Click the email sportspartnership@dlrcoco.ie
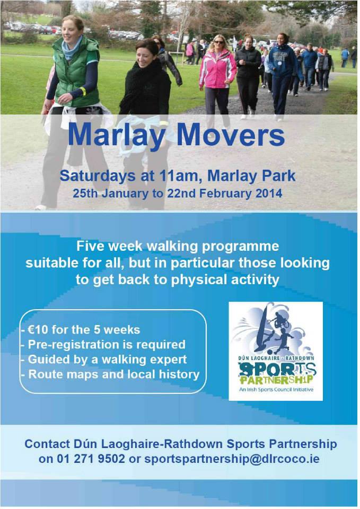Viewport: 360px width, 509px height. coord(232,459)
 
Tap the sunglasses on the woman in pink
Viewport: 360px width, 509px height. coord(219,42)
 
